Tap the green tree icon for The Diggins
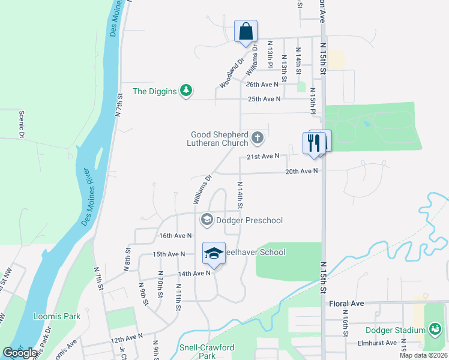187,91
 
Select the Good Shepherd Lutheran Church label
219,139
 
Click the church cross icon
258,139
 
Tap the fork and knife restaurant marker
313,143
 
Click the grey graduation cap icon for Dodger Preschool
206,220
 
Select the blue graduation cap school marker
212,254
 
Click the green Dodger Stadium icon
435,329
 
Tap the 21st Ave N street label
263,157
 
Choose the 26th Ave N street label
263,85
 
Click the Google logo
20,353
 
